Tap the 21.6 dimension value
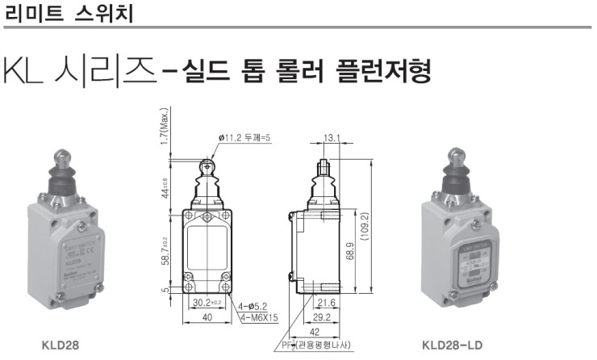point(325,302)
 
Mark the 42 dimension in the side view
point(315,331)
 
